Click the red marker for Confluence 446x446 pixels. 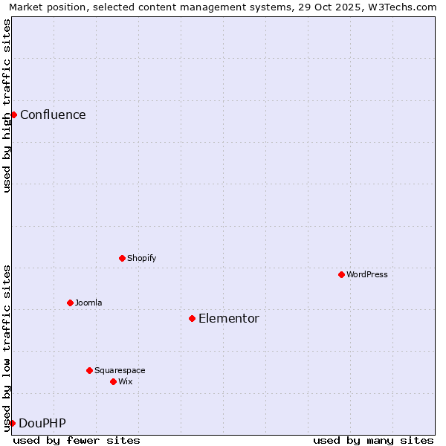coord(13,114)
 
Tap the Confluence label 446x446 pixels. coord(53,114)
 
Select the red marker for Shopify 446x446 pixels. coord(122,258)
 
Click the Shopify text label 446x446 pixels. coord(141,258)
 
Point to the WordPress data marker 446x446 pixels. coord(341,274)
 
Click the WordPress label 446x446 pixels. coord(366,274)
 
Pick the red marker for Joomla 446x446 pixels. coord(70,303)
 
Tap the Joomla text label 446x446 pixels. coord(88,303)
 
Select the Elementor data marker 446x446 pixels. coord(192,318)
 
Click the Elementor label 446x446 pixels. coord(228,318)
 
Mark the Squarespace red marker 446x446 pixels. coord(89,370)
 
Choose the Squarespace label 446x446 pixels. coord(120,370)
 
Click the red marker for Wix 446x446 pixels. coord(113,381)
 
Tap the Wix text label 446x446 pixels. coord(125,381)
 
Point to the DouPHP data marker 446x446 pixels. coord(12,423)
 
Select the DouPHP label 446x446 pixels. coord(42,423)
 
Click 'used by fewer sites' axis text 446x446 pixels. coord(77,440)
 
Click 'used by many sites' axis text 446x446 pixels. coord(373,440)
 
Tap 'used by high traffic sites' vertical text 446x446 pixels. coord(7,106)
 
